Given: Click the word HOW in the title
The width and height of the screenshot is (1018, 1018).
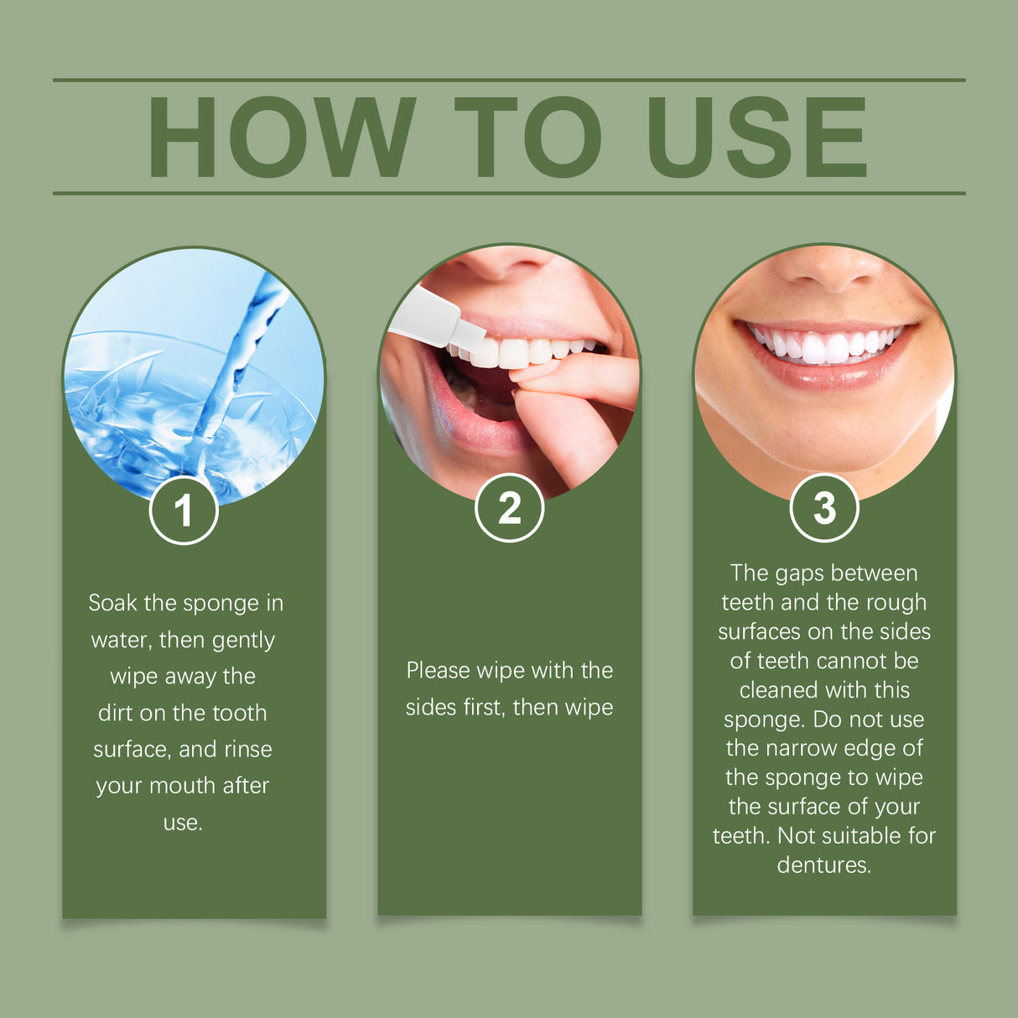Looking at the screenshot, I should tap(282, 137).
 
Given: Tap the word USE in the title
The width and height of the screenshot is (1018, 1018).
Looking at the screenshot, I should tap(756, 137).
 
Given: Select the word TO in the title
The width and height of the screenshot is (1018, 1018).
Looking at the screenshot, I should tap(528, 137).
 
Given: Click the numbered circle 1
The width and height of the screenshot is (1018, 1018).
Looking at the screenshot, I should tap(184, 510).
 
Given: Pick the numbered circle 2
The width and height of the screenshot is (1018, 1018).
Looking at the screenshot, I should tap(509, 508).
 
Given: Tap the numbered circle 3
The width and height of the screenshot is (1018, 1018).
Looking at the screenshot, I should tap(824, 508).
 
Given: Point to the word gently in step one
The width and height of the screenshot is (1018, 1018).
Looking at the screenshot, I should tap(243, 640).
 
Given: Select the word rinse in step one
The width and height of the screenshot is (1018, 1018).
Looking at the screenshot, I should tap(247, 749).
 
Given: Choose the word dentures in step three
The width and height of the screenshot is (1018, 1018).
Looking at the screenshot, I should tap(823, 865).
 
